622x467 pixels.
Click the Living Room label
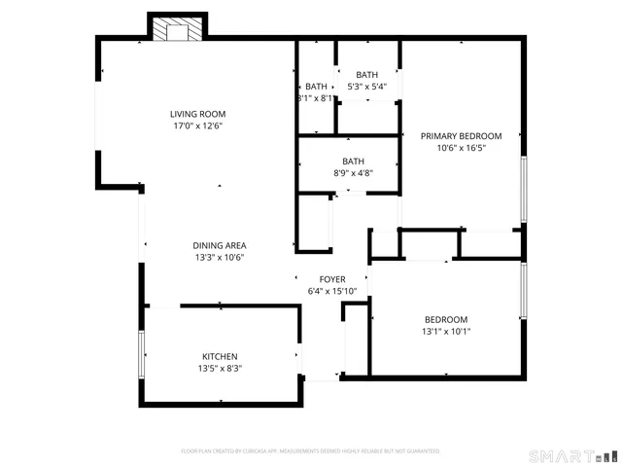click(197, 114)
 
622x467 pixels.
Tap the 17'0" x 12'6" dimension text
click(197, 126)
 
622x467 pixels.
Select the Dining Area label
click(219, 245)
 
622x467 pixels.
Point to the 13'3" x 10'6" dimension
click(219, 258)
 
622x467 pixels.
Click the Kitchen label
click(220, 356)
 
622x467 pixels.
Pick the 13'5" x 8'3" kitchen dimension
click(220, 369)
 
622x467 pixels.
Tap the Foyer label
click(332, 279)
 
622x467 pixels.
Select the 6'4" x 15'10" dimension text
click(332, 291)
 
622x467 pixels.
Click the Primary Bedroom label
click(461, 136)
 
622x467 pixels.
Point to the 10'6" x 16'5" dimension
click(461, 148)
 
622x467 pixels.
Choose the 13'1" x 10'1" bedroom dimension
click(446, 332)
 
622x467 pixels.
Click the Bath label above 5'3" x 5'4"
click(366, 75)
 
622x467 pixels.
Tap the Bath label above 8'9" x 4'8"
click(353, 162)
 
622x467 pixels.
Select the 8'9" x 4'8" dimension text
click(353, 173)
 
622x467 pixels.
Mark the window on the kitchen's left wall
click(142, 356)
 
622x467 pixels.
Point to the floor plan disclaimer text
click(311, 451)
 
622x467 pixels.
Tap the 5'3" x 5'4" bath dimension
click(366, 87)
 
